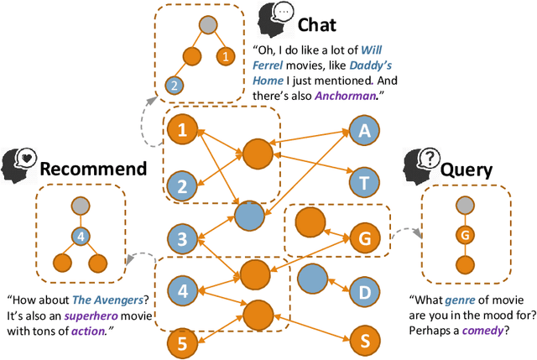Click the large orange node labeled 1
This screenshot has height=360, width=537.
pyautogui.click(x=181, y=131)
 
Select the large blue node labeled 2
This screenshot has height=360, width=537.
pyautogui.click(x=181, y=185)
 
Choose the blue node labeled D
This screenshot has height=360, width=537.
pyautogui.click(x=364, y=291)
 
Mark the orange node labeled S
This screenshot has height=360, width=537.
pyautogui.click(x=364, y=342)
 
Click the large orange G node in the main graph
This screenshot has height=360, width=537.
pyautogui.click(x=364, y=237)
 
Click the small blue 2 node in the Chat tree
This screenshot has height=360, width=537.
pyautogui.click(x=173, y=84)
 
